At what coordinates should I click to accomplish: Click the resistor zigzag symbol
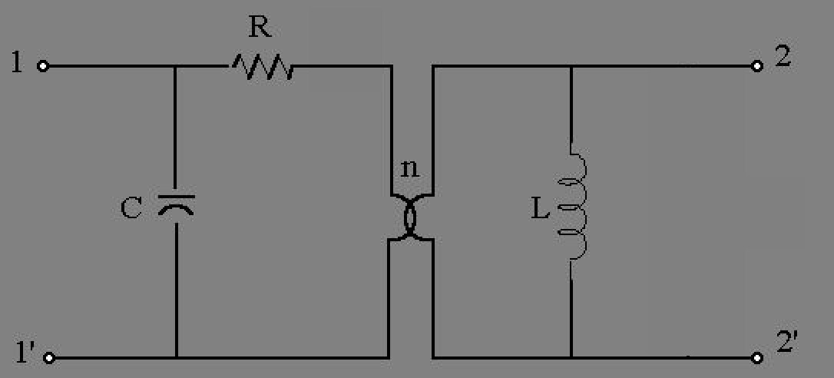point(261,67)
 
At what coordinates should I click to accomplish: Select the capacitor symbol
point(176,205)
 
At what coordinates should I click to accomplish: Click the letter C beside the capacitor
point(131,207)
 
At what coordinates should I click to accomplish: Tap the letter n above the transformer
point(409,168)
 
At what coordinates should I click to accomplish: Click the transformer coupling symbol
point(411,217)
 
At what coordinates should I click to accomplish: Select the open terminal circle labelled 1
point(43,66)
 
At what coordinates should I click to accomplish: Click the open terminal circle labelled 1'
point(49,358)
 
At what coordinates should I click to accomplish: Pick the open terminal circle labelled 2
point(757,66)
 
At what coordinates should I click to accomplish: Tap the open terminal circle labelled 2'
point(757,358)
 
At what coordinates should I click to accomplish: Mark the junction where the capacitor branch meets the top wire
point(176,66)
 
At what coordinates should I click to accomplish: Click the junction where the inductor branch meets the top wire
point(571,66)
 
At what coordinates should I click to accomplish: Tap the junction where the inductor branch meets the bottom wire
point(571,357)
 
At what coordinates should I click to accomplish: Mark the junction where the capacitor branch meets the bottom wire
point(176,357)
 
